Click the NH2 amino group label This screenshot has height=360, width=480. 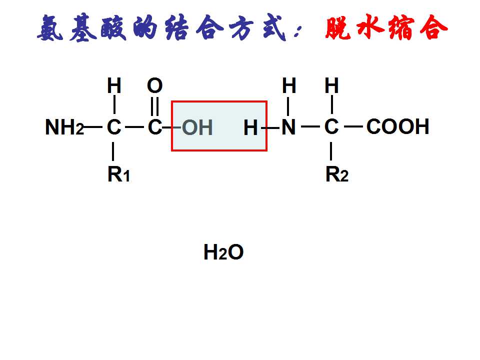64,127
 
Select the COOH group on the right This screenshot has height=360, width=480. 397,126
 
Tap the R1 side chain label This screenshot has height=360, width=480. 119,174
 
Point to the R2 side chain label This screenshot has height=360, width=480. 336,174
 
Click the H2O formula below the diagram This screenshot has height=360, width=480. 223,252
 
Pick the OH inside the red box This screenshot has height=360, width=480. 197,127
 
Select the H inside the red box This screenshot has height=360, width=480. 250,127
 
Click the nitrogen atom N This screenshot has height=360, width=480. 288,126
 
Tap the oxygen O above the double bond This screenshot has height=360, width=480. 154,85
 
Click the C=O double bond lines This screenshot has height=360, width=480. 155,106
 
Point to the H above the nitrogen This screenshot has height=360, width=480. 289,85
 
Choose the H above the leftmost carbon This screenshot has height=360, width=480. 114,85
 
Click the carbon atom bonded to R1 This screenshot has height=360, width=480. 114,126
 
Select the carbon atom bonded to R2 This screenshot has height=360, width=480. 331,126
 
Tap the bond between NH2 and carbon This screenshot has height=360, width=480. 93,126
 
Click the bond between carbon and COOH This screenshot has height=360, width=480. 353,126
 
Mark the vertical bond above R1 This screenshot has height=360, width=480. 113,151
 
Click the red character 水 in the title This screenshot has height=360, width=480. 370,27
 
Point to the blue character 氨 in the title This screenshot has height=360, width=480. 50,27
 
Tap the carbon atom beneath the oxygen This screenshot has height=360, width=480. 155,126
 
